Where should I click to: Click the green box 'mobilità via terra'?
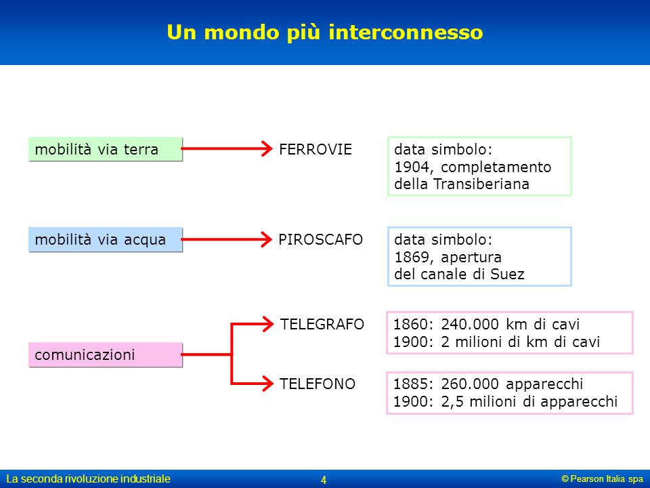pyautogui.click(x=106, y=149)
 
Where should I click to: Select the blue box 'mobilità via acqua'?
pyautogui.click(x=106, y=239)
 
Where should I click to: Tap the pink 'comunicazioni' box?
pyautogui.click(x=106, y=354)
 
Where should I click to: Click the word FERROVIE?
pyautogui.click(x=316, y=149)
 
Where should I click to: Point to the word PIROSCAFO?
pyautogui.click(x=320, y=239)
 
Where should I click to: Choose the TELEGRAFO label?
pyautogui.click(x=322, y=324)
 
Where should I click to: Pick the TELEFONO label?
pyautogui.click(x=317, y=384)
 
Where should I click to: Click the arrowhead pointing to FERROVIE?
pyautogui.click(x=267, y=148)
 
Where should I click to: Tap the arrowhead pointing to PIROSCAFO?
pyautogui.click(x=267, y=239)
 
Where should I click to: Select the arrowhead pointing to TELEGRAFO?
pyautogui.click(x=267, y=324)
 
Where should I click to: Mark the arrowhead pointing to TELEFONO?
pyautogui.click(x=267, y=384)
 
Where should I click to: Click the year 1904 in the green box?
pyautogui.click(x=411, y=167)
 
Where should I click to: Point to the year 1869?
pyautogui.click(x=411, y=258)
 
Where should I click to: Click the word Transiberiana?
pyautogui.click(x=481, y=184)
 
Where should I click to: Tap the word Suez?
pyautogui.click(x=507, y=274)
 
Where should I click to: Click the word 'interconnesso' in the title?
pyautogui.click(x=406, y=33)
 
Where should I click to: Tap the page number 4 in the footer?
pyautogui.click(x=324, y=480)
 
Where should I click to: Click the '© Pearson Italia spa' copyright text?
pyautogui.click(x=603, y=479)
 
